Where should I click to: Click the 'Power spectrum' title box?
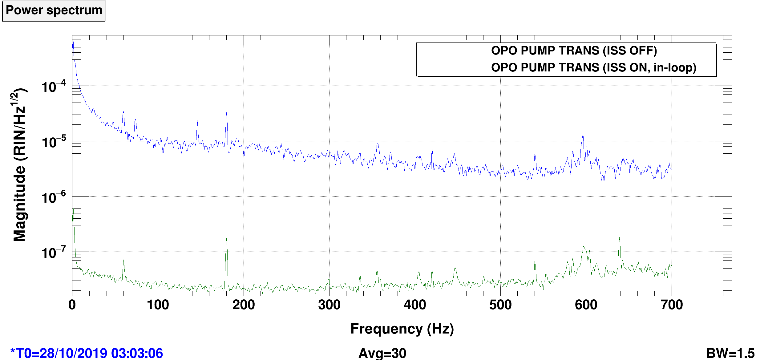[54, 11]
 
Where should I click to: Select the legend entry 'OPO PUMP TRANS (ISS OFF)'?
[574, 51]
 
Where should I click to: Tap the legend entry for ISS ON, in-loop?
[594, 67]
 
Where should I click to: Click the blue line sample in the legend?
[454, 51]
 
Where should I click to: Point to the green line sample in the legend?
[454, 68]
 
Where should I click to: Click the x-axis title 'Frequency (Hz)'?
[402, 329]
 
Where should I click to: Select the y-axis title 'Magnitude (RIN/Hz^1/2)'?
[19, 165]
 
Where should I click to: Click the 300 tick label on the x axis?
[329, 305]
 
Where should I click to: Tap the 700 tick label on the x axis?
[672, 305]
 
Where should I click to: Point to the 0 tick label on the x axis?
[72, 305]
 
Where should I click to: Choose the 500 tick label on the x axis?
[500, 305]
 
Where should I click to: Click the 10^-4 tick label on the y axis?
[54, 86]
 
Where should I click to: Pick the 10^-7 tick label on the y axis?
[54, 252]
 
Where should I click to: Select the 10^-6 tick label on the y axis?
[54, 197]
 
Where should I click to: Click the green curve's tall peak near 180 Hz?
[226, 238]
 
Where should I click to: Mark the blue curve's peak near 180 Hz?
[226, 113]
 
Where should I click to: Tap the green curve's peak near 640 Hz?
[619, 238]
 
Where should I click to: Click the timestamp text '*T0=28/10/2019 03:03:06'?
[87, 353]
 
